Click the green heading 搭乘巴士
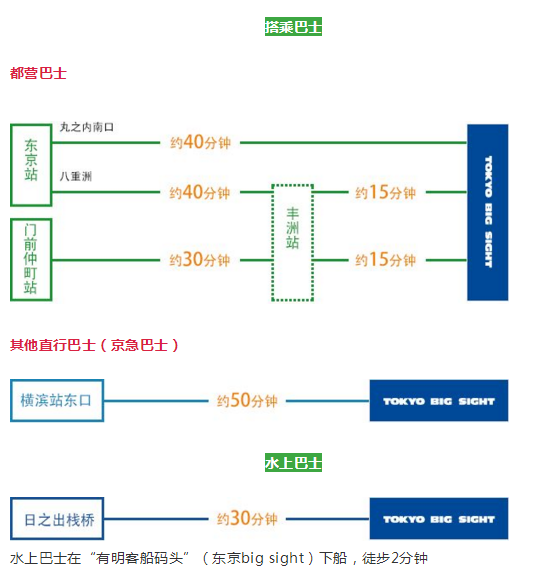click(x=293, y=27)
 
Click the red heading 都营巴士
click(x=38, y=73)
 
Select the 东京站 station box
click(x=31, y=160)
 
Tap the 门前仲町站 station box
click(x=31, y=259)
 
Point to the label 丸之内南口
click(x=87, y=128)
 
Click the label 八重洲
click(x=76, y=176)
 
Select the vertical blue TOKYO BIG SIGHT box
click(x=487, y=212)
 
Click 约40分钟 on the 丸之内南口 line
click(x=200, y=143)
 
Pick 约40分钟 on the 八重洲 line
click(x=200, y=192)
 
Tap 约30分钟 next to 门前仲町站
click(x=200, y=260)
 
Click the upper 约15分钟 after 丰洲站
click(x=385, y=192)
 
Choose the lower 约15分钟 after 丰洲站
click(x=385, y=260)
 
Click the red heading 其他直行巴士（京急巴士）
click(x=95, y=345)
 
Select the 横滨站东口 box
click(x=57, y=400)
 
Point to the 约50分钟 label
click(x=247, y=401)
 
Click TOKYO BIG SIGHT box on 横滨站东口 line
click(x=438, y=401)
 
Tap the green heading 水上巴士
click(x=293, y=463)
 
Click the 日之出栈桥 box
click(x=59, y=519)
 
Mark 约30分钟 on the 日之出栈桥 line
click(x=247, y=519)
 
